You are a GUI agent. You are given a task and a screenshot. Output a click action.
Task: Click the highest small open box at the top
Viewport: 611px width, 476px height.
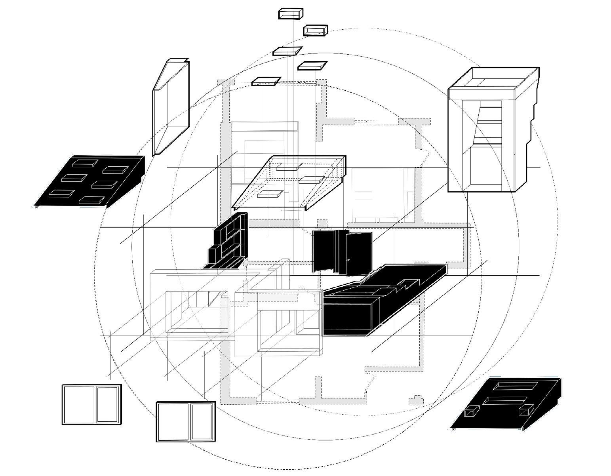pos(291,14)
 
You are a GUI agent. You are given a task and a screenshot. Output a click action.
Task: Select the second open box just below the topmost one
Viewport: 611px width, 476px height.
pos(316,30)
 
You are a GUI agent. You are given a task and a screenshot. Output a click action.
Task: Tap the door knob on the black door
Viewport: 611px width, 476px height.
pos(348,260)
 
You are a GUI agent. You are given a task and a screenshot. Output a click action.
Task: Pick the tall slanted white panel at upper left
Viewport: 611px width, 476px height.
pos(170,107)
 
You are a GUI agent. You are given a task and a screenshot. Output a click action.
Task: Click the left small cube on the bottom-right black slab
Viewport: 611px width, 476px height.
pos(471,413)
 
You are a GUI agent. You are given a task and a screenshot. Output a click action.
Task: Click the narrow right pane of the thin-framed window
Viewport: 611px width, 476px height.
pos(108,404)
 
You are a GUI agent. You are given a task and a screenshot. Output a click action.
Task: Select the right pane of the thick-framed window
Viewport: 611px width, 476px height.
pos(202,421)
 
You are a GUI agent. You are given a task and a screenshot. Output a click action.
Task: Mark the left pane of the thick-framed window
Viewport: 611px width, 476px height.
pos(173,421)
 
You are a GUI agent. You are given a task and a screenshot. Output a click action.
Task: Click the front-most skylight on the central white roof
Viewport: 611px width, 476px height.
pos(269,194)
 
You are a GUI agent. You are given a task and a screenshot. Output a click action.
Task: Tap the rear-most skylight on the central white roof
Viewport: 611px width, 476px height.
pos(289,167)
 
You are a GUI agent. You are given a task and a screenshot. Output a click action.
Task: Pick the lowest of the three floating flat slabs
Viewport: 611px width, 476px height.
pos(266,81)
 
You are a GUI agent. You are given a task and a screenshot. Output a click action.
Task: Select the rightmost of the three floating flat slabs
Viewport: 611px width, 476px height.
pos(312,65)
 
